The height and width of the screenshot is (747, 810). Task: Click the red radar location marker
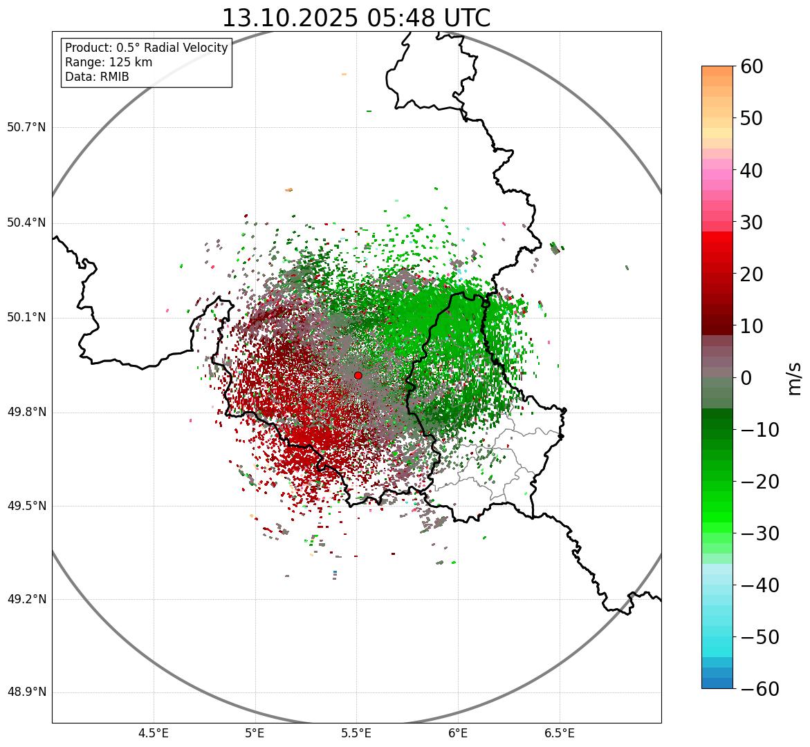click(x=358, y=375)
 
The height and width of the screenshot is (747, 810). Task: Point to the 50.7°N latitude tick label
click(x=26, y=128)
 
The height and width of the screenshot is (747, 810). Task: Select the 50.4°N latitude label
click(x=26, y=223)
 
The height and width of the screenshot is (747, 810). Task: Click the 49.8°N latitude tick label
click(x=26, y=413)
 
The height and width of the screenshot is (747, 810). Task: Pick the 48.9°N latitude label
click(x=26, y=692)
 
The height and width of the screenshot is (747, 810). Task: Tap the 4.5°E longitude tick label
click(x=154, y=732)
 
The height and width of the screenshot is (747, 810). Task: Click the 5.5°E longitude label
click(x=356, y=732)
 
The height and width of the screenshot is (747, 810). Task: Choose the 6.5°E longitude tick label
click(x=559, y=732)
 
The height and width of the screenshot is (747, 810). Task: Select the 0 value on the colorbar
click(x=746, y=378)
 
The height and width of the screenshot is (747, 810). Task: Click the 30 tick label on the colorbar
click(x=751, y=223)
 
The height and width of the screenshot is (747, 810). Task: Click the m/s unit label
click(x=794, y=378)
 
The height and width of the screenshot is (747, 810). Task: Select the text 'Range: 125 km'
click(x=109, y=62)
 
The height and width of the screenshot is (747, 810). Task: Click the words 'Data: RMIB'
click(x=97, y=77)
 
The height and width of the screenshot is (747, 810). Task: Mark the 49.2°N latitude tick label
click(x=26, y=599)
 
